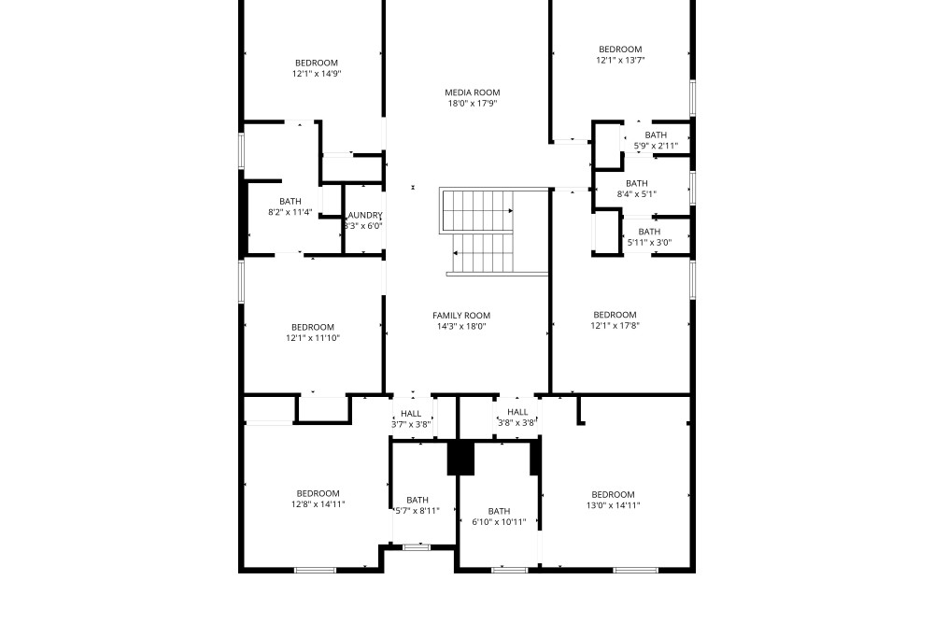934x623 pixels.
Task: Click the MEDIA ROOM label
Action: coord(473,92)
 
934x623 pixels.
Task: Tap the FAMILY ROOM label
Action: coord(461,316)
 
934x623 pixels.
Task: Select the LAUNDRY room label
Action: coord(364,215)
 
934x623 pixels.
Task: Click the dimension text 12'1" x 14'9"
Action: coord(317,74)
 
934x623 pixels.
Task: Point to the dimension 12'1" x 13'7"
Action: coord(620,60)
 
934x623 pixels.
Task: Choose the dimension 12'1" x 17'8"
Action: coord(615,326)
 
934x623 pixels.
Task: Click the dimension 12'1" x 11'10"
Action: coord(313,338)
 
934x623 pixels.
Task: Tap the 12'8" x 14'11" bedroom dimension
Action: coord(318,504)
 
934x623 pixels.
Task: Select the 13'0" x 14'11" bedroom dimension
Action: coord(613,505)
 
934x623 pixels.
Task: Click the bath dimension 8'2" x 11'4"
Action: coord(290,212)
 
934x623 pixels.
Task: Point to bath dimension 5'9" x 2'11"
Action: coord(656,146)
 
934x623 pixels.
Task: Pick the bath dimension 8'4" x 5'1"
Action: coord(637,194)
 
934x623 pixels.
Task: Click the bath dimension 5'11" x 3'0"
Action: coord(649,243)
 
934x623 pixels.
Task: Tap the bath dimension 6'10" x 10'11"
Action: coord(499,522)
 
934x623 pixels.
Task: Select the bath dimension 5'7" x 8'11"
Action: coord(417,511)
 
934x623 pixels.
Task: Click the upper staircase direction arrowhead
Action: coord(511,210)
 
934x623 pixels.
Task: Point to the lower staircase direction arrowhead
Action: coord(456,253)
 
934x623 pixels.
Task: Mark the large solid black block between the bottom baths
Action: coord(460,458)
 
